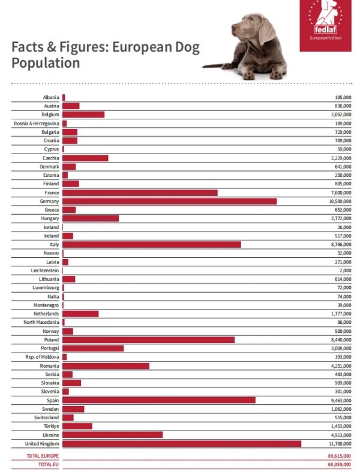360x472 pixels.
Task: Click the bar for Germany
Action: click(170, 201)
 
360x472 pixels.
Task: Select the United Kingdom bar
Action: click(182, 443)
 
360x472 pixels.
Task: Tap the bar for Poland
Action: click(149, 339)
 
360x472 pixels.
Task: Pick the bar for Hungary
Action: click(91, 218)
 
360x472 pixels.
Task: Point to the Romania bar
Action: click(106, 366)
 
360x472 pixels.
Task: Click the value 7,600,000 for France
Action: click(341, 193)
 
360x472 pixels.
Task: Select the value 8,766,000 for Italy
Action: click(340, 245)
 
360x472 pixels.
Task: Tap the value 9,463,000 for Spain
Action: click(341, 401)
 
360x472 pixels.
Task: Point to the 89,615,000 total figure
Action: click(340, 456)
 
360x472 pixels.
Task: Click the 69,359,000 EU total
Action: click(340, 464)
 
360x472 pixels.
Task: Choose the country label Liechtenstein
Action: click(45, 270)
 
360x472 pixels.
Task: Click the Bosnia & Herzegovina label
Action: click(37, 124)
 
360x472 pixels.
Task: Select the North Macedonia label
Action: click(41, 322)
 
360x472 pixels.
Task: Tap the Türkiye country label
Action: click(52, 426)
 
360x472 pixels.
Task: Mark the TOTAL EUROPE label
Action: click(43, 456)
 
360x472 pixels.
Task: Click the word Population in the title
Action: click(46, 63)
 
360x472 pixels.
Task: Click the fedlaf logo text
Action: click(325, 29)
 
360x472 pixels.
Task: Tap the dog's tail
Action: click(213, 65)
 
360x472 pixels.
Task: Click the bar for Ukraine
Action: click(113, 435)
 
